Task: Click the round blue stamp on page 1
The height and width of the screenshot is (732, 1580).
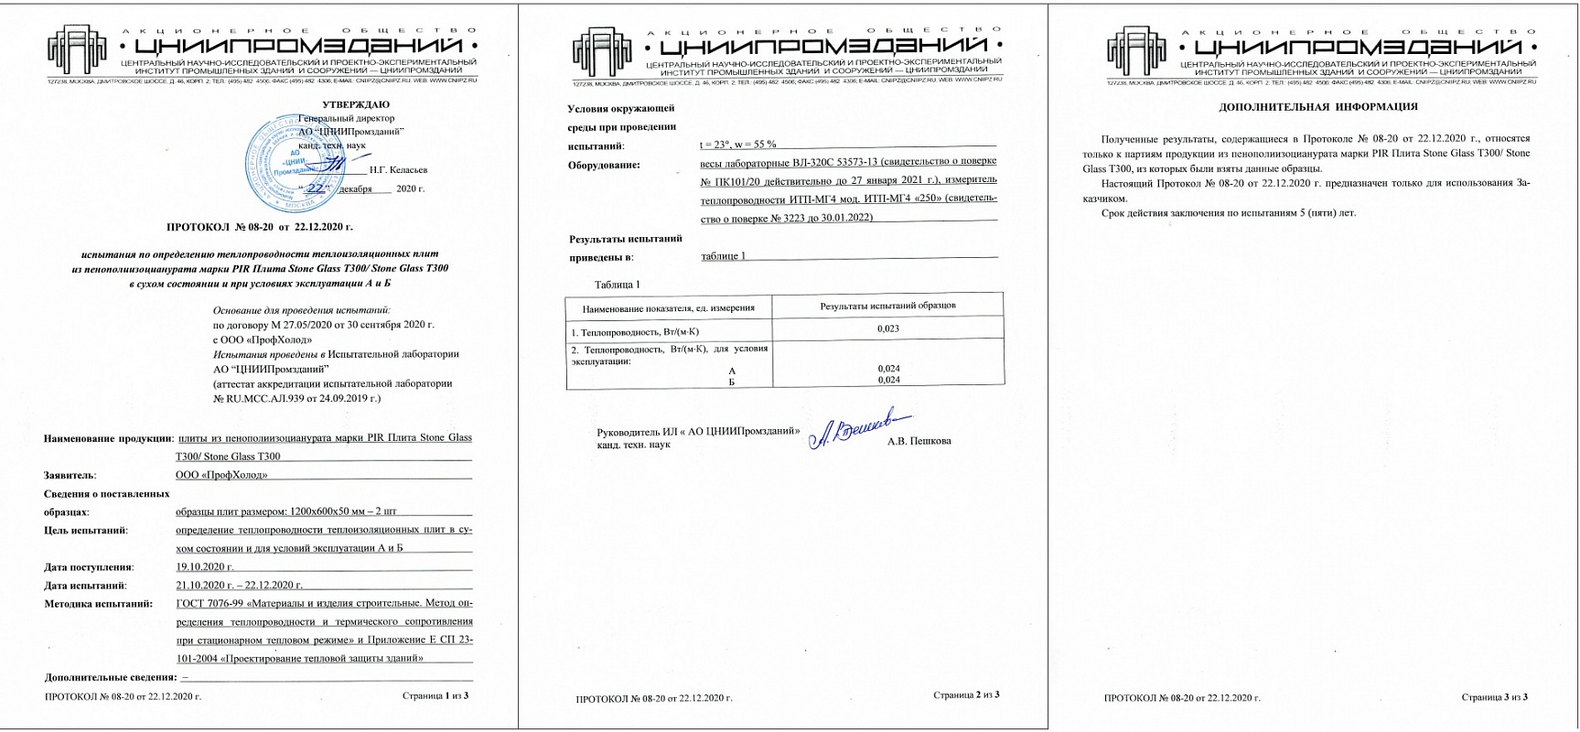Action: tap(292, 159)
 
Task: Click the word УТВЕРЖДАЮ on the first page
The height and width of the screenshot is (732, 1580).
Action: tap(356, 104)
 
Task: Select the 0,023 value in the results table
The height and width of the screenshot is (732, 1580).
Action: tap(887, 328)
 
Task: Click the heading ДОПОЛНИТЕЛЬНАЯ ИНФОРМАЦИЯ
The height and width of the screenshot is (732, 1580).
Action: tap(1318, 107)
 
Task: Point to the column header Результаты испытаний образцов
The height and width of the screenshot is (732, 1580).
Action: tap(887, 306)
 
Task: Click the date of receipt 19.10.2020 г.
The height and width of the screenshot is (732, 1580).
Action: tap(205, 567)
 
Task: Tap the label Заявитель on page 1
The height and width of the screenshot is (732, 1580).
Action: tap(70, 475)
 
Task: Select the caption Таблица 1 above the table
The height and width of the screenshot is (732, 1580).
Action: tap(618, 285)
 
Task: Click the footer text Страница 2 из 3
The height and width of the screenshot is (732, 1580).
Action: tap(966, 695)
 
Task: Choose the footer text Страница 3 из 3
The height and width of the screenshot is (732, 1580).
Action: tap(1494, 697)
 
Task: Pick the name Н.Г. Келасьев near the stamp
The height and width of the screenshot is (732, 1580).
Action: tap(398, 169)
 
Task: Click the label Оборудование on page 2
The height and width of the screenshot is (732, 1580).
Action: tap(604, 165)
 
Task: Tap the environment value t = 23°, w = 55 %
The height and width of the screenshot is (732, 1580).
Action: tap(737, 145)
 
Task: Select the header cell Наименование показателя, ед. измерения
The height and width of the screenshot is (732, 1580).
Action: tap(668, 307)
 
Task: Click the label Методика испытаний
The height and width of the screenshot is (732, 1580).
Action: tap(98, 604)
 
